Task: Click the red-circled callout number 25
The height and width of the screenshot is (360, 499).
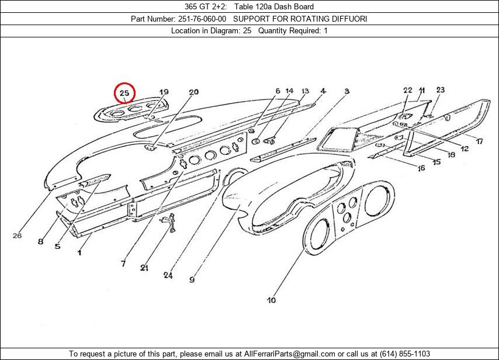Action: (x=124, y=93)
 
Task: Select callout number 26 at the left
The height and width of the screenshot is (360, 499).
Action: (x=17, y=236)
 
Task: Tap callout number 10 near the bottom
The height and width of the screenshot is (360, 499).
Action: (x=271, y=300)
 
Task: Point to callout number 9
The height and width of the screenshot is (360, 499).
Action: (x=192, y=279)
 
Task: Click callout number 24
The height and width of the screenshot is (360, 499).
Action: (x=168, y=275)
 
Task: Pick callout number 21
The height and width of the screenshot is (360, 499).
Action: (x=144, y=268)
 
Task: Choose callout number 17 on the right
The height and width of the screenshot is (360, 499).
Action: (x=479, y=141)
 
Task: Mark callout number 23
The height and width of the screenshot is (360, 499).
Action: (x=440, y=90)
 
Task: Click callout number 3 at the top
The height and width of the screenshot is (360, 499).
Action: (x=346, y=91)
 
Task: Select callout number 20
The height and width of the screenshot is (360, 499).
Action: (x=193, y=92)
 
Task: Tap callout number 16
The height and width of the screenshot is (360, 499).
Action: (x=421, y=168)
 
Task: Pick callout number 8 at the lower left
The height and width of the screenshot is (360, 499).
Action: (x=40, y=241)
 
